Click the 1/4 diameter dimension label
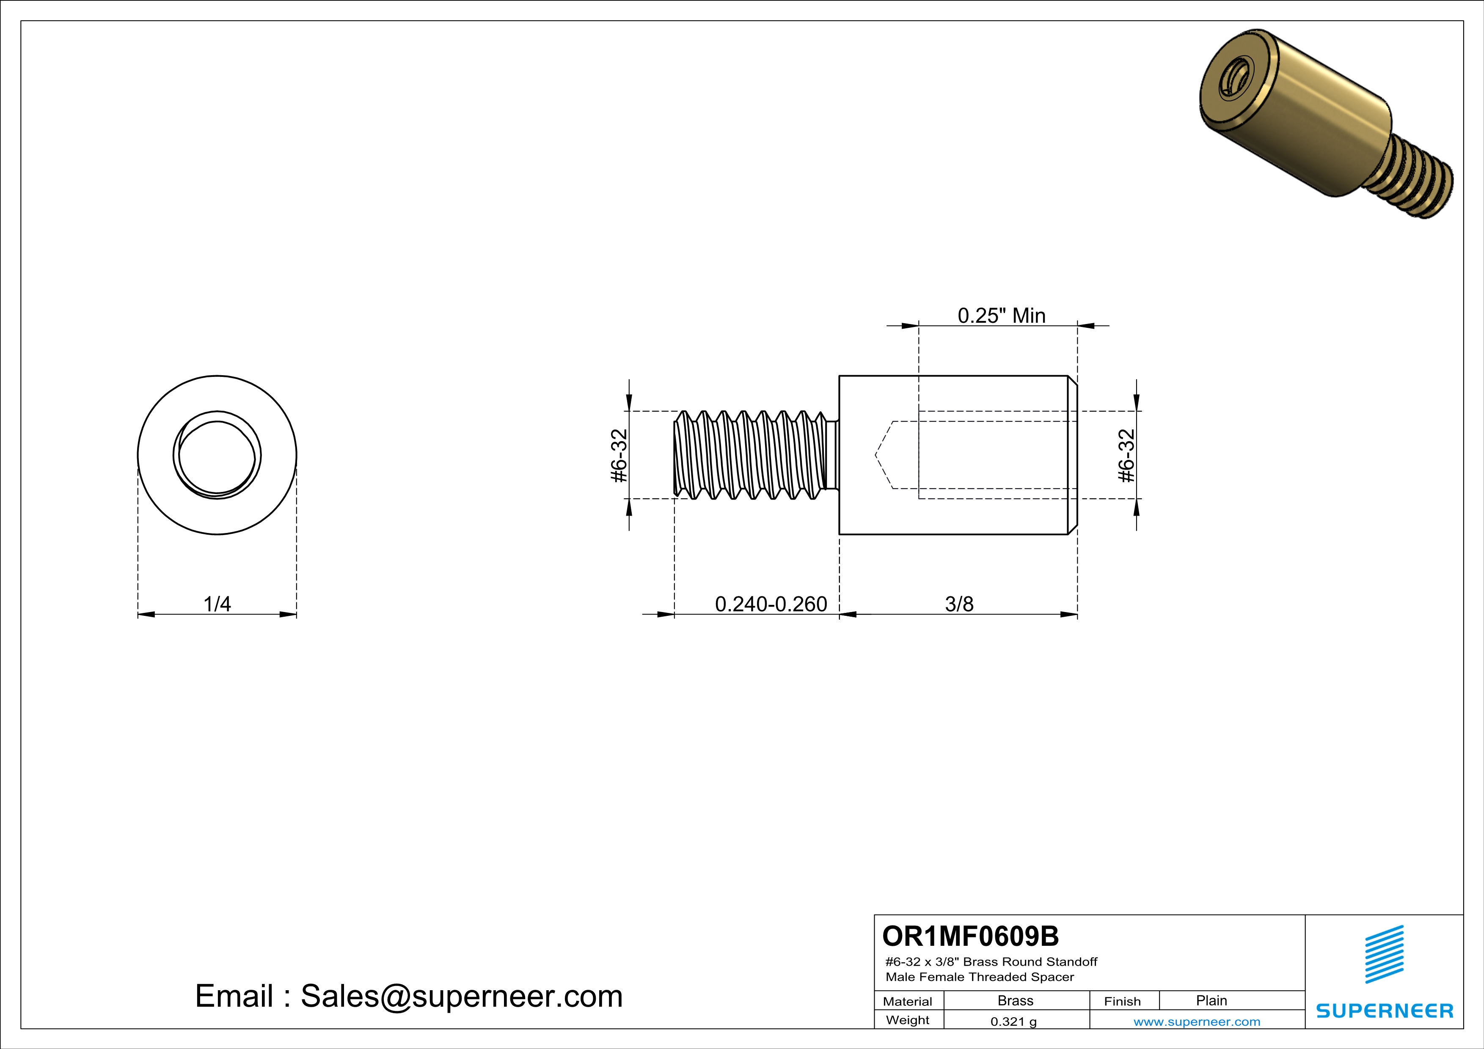(217, 604)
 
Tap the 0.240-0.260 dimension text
(771, 604)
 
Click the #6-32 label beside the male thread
(619, 456)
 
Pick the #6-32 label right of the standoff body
(1126, 456)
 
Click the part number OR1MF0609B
(970, 936)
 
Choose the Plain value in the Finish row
(1211, 1000)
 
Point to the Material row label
(908, 1001)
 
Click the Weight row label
(908, 1020)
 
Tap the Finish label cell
(1122, 1001)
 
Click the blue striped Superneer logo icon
(1384, 954)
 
